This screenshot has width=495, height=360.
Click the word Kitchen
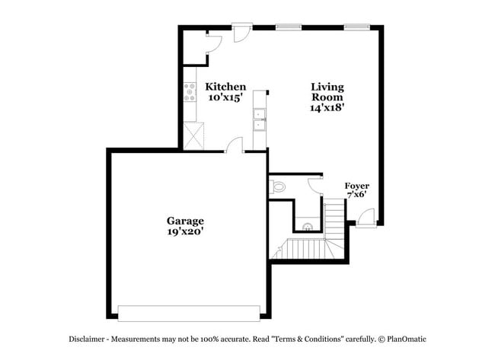[225, 87]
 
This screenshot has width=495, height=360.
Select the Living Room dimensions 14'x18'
[327, 108]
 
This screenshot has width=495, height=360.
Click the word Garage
[186, 221]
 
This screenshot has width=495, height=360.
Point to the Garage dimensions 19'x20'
[186, 231]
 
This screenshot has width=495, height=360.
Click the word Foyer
[357, 185]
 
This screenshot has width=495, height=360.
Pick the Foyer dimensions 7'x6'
[356, 195]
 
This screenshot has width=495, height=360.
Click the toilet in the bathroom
[277, 186]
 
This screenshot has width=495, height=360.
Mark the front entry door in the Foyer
[366, 217]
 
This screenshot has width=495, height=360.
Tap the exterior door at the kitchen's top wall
[242, 33]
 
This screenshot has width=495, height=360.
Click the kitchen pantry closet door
[212, 41]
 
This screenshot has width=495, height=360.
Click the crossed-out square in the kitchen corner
[193, 136]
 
